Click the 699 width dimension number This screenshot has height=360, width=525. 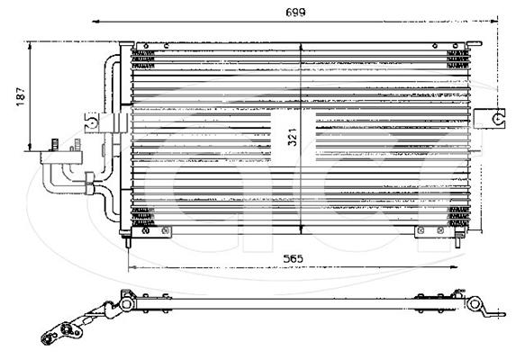coord(295,13)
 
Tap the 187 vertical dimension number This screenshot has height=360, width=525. coord(21,96)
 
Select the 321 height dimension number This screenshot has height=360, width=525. coord(293,137)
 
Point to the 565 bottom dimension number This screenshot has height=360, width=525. coord(293,258)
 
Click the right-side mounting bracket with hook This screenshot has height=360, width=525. coord(489,119)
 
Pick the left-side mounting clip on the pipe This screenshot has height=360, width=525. coord(105,122)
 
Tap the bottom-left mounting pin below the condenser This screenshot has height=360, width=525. coord(128,241)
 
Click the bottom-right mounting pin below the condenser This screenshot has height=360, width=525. coord(457,240)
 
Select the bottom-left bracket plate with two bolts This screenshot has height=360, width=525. coord(151,231)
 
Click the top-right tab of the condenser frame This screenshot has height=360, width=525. coord(475,43)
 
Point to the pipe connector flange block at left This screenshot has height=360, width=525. coord(61,157)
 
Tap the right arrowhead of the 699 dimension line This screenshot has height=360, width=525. coord(493,22)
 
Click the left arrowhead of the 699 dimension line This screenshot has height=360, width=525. coord(96,22)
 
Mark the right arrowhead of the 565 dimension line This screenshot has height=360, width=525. coord(454,267)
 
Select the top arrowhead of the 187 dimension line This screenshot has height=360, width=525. coord(30,46)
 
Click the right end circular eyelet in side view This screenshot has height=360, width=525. coord(474,304)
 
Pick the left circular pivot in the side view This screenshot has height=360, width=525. coord(127,304)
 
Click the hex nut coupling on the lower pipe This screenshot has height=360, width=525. coord(89,183)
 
